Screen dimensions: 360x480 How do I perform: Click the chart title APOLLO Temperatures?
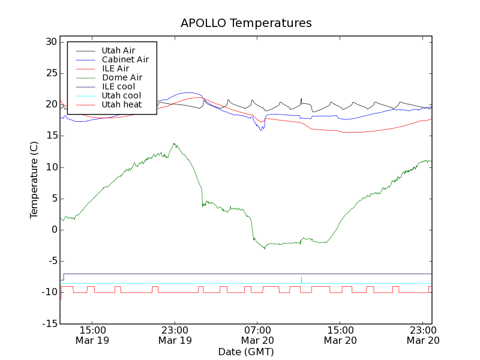[x=246, y=23]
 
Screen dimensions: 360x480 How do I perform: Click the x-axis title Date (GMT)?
[x=246, y=352]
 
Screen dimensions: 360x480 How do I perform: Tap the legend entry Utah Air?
[x=118, y=50]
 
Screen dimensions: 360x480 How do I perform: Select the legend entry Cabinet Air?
[x=125, y=59]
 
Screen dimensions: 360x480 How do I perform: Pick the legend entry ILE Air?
[x=115, y=68]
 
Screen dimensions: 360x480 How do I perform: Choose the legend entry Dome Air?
[x=122, y=77]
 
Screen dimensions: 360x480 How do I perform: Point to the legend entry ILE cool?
[x=118, y=86]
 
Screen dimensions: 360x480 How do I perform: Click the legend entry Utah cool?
[x=121, y=95]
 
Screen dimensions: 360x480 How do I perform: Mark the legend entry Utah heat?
[x=121, y=104]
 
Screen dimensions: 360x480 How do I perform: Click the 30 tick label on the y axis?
[x=50, y=42]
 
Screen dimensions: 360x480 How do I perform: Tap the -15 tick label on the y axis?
[x=49, y=323]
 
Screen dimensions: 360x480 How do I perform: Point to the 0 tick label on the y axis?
[x=54, y=230]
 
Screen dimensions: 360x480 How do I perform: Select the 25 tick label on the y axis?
[x=50, y=73]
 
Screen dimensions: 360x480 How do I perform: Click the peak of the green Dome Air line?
[x=174, y=143]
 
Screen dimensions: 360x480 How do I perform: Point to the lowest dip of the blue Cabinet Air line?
[x=261, y=130]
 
